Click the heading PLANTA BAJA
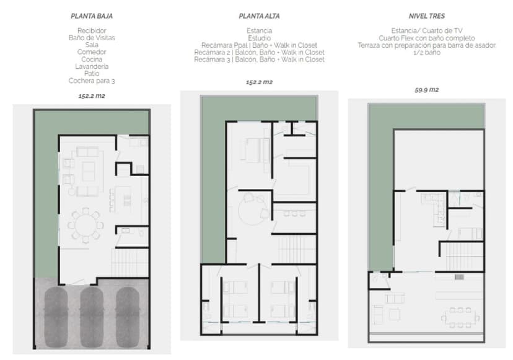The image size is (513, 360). pyautogui.click(x=92, y=16)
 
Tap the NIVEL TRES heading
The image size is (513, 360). pyautogui.click(x=427, y=16)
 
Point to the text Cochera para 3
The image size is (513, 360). pyautogui.click(x=92, y=81)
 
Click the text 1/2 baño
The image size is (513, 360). pyautogui.click(x=426, y=53)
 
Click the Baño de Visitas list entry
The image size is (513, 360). pyautogui.click(x=92, y=37)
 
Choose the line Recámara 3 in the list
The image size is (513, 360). pyautogui.click(x=259, y=60)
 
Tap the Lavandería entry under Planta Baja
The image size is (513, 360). pyautogui.click(x=92, y=66)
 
